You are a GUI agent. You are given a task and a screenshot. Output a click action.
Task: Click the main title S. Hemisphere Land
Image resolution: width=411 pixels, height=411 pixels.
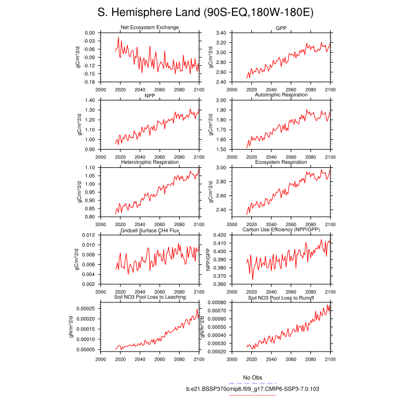click(x=205, y=13)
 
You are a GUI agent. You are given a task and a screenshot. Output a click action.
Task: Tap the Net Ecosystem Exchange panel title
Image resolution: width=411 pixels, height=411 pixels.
click(x=150, y=28)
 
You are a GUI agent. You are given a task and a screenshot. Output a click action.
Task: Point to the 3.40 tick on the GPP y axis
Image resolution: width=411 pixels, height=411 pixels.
click(x=221, y=33)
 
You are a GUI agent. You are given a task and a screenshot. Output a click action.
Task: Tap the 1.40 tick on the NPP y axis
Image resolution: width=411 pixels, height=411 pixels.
click(x=89, y=100)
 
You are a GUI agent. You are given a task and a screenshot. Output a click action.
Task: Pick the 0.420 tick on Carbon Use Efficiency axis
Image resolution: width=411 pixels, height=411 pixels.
click(x=219, y=235)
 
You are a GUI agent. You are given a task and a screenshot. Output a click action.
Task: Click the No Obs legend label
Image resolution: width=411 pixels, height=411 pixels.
click(x=252, y=377)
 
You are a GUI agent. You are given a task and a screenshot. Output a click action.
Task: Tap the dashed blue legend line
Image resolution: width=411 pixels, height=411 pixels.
click(x=252, y=383)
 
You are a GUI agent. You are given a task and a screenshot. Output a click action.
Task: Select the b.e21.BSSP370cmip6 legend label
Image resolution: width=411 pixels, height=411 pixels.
click(x=252, y=389)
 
